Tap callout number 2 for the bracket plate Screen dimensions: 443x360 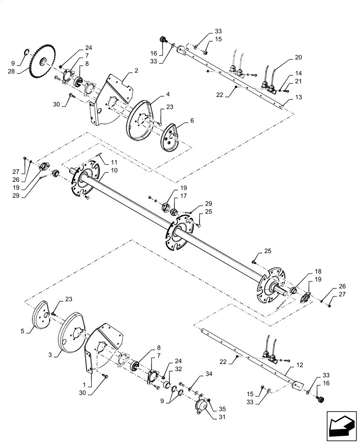click(x=137, y=70)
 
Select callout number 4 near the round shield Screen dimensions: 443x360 click(x=155, y=94)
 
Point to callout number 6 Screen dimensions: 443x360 click(x=180, y=120)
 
